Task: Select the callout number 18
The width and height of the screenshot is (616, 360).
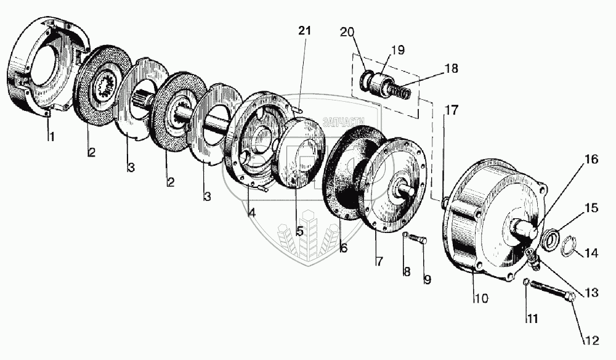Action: click(451, 69)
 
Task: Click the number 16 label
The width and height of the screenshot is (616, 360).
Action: click(591, 160)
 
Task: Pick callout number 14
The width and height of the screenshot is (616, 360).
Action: click(591, 253)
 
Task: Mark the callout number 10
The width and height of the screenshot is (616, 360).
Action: click(480, 299)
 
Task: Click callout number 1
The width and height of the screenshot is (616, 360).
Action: click(51, 137)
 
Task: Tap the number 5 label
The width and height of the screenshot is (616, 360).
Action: click(299, 232)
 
